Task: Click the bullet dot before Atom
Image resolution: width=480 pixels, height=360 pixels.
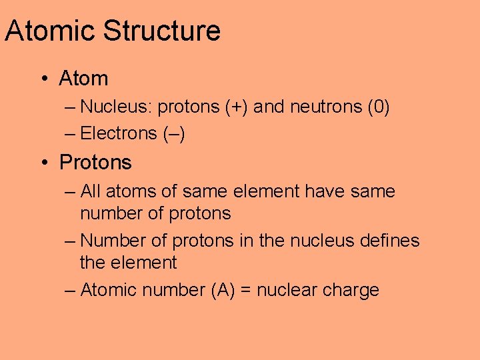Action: [x=43, y=79]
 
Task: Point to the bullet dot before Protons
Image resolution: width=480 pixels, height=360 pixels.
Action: [x=43, y=163]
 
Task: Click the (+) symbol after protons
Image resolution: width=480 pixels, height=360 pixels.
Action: [x=237, y=106]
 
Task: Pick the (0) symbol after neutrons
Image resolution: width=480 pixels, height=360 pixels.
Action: [x=378, y=106]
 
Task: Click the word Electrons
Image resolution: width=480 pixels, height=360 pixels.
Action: [x=119, y=133]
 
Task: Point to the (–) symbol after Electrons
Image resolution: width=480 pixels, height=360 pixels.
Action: [x=174, y=133]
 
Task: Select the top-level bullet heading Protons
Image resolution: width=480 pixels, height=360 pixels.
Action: [x=95, y=163]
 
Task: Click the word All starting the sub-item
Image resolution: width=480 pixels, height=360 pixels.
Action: [x=91, y=192]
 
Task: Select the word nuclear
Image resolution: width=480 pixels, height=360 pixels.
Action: [x=287, y=290]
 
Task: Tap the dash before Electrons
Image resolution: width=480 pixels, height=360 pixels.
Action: [x=71, y=134]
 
